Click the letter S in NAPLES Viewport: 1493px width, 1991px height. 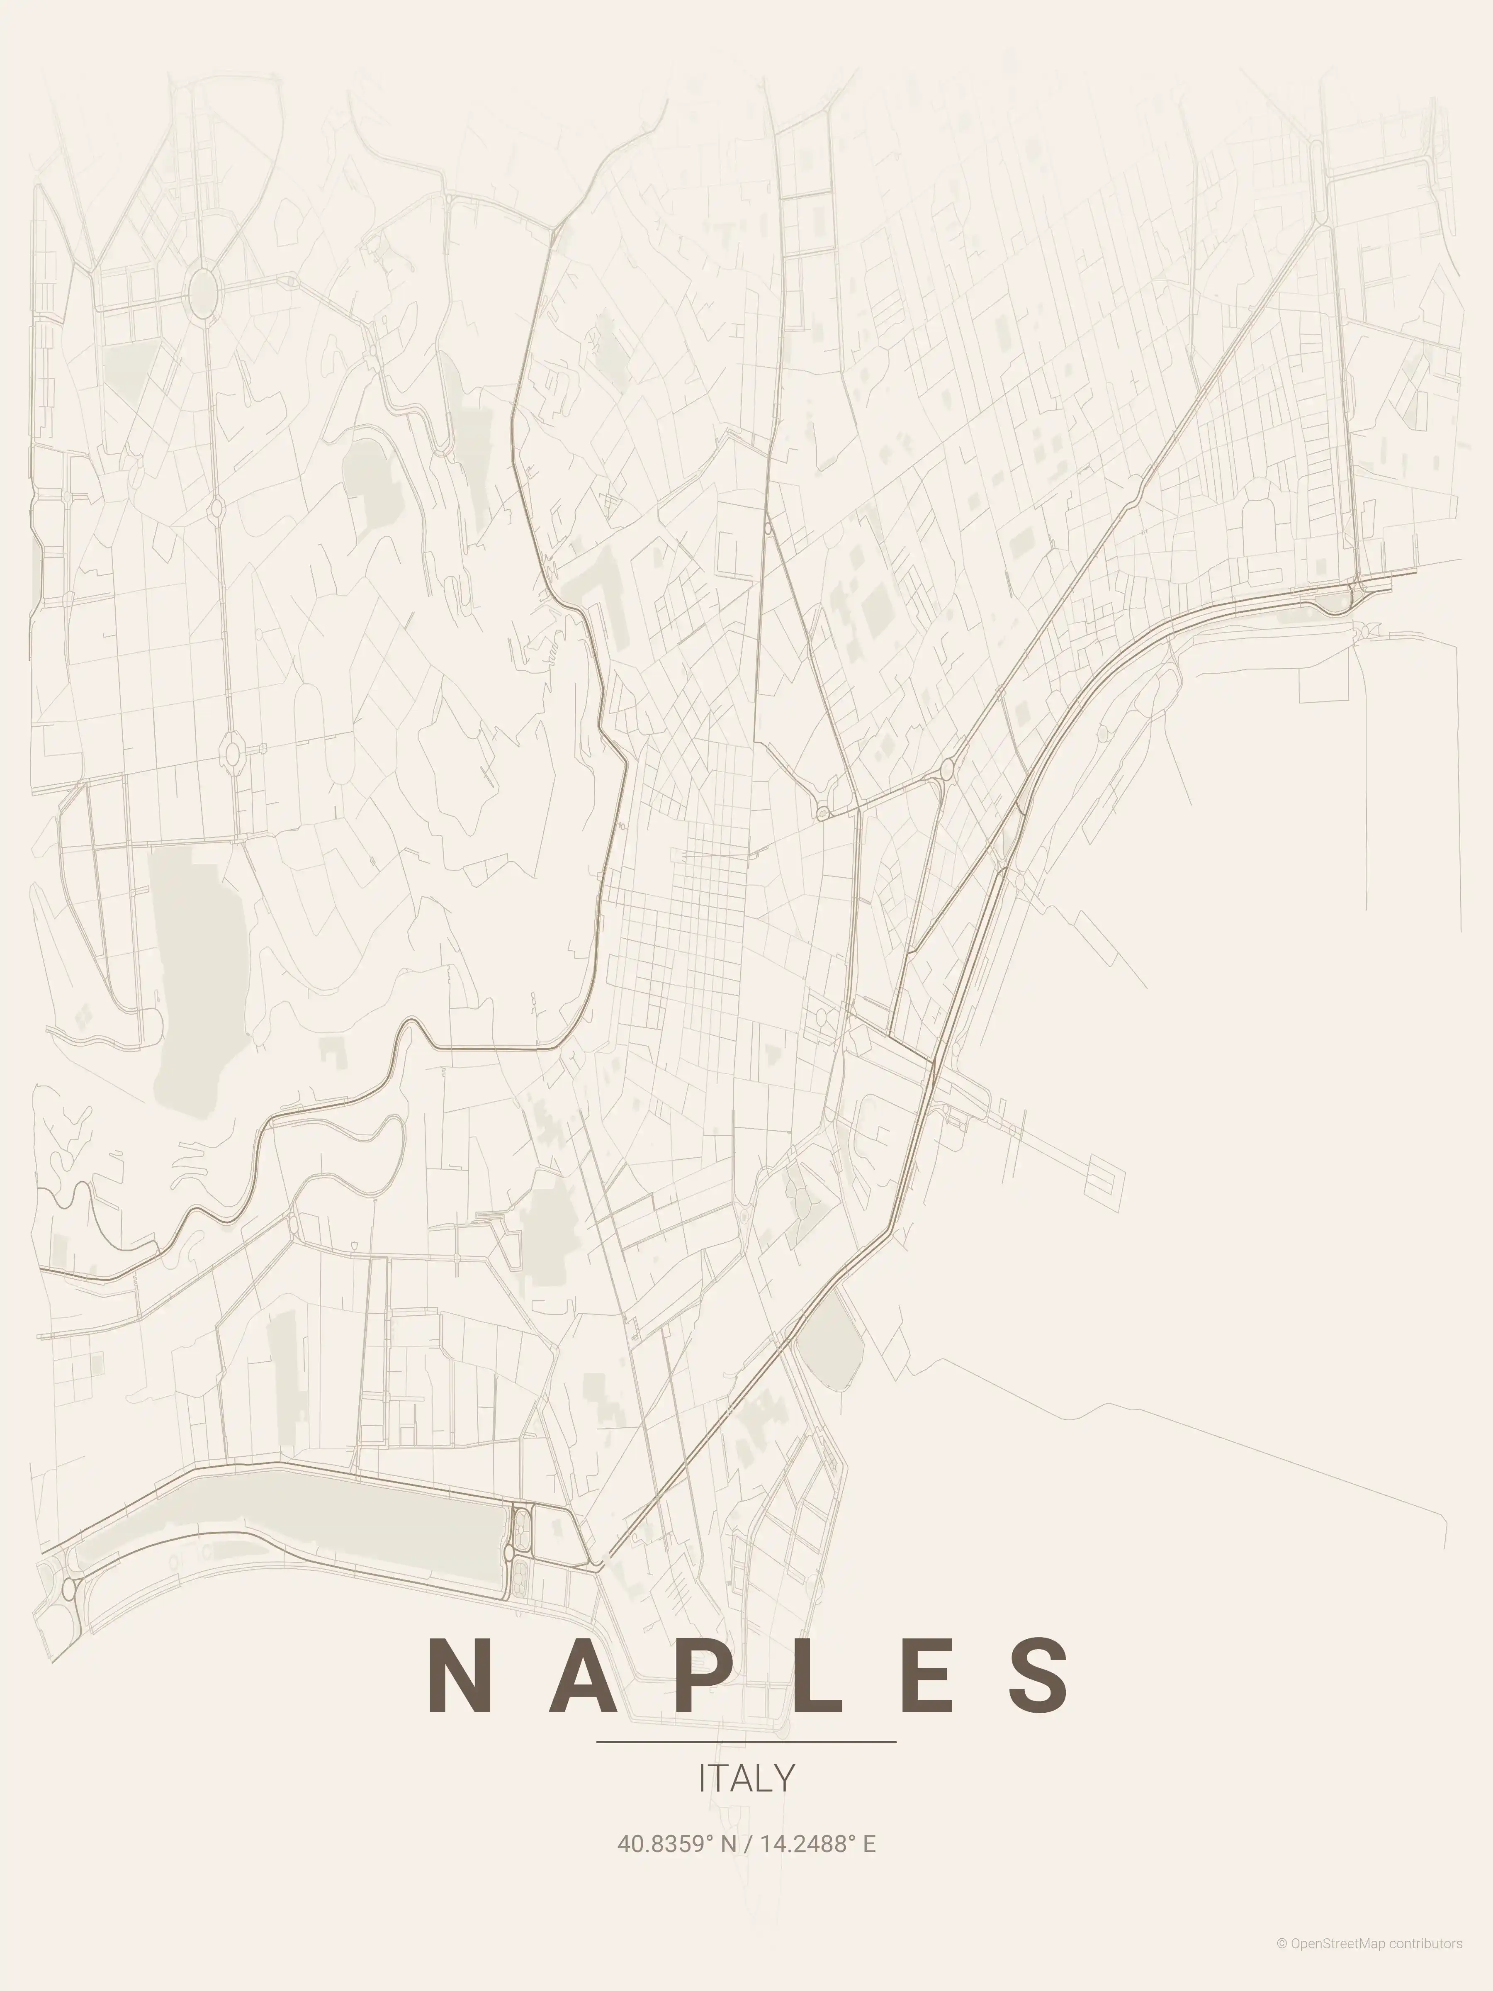[x=1039, y=1676]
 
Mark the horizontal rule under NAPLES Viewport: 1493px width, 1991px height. [x=746, y=1742]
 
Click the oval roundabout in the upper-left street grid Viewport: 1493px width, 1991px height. [x=204, y=290]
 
